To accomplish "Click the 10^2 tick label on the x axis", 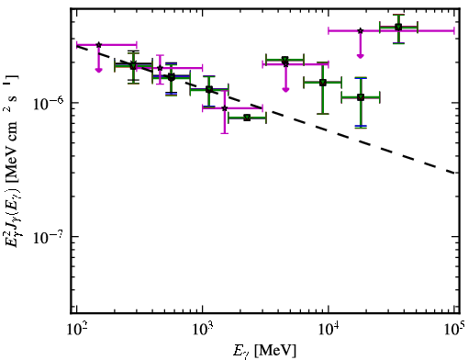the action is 77,329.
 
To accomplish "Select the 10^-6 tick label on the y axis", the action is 49,103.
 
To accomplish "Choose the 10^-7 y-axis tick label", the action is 49,237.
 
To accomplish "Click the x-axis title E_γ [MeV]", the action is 264,351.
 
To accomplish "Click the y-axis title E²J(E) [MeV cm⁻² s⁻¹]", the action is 12,159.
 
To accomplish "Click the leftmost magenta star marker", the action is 99,45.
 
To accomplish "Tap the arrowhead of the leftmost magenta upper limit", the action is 98,70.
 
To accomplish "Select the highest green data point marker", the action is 398,27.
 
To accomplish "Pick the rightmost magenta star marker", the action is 361,30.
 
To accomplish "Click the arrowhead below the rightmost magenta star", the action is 361,56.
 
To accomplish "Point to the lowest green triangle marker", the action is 247,118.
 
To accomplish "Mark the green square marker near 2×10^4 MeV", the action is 361,97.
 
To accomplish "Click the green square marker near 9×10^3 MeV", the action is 323,83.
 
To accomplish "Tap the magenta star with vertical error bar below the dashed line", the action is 225,108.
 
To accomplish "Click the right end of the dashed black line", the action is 454,173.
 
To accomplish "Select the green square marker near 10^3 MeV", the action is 209,89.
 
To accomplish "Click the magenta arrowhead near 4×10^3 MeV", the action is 285,89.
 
